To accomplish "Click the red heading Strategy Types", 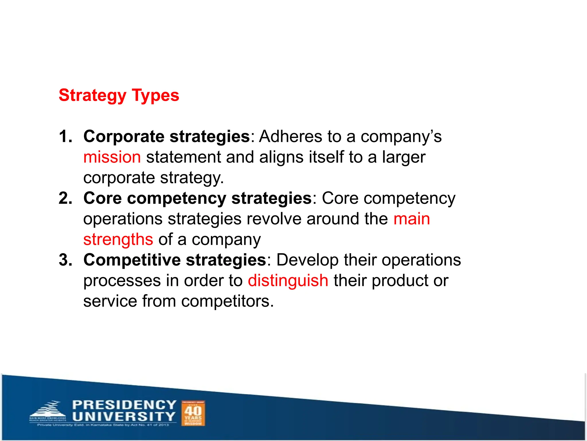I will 119,95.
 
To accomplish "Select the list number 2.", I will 65,198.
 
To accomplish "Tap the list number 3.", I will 65,260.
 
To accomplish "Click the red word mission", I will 112,157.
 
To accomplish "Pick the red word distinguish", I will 288,281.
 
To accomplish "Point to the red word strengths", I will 118,239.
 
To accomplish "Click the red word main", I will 412,219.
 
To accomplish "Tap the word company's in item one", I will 401,137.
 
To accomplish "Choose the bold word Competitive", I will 132,260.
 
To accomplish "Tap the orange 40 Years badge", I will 193,413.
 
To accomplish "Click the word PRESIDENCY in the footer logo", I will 124,405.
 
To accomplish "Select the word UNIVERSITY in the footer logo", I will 124,417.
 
